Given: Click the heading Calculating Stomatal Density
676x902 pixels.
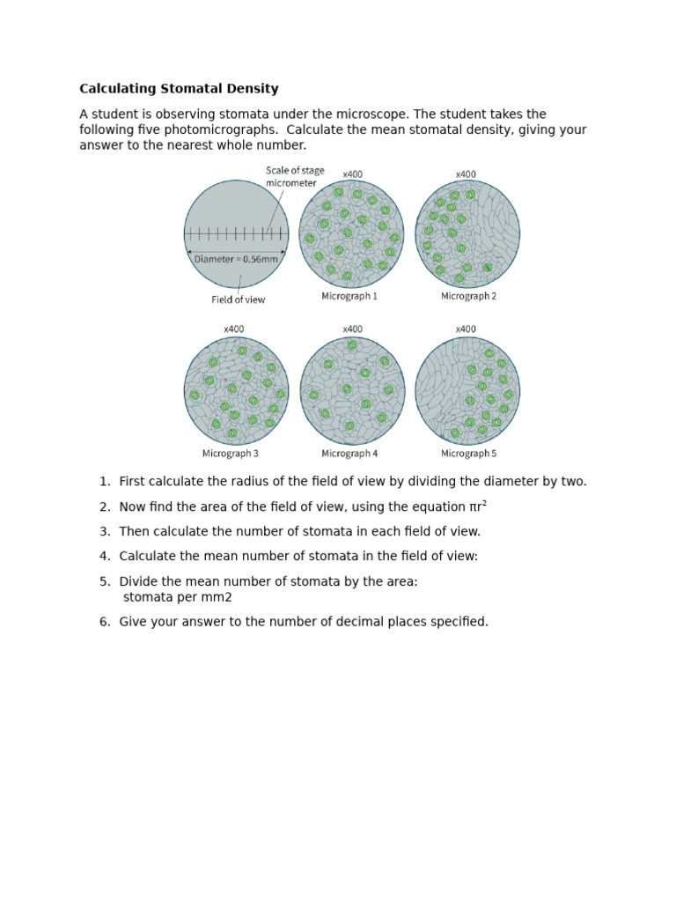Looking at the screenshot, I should click(179, 89).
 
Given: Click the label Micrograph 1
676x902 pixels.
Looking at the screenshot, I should click(349, 297).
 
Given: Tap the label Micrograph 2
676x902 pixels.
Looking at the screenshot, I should click(468, 297).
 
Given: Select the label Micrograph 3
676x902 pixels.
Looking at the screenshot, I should click(231, 454).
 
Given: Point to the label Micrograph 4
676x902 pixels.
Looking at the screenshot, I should click(349, 454).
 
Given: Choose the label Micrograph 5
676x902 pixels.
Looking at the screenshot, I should click(468, 454).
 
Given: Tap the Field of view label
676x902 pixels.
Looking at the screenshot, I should click(238, 299).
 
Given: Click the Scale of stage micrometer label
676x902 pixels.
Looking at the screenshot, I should click(295, 176).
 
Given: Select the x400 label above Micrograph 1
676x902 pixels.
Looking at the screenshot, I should click(352, 174).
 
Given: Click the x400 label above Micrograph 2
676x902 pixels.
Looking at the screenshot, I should click(466, 174).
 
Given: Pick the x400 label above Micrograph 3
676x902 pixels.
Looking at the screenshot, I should click(233, 329).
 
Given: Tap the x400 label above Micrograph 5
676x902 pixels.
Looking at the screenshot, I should click(466, 329).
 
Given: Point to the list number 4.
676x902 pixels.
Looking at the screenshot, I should click(104, 557).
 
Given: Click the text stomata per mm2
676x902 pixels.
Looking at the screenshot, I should click(178, 597).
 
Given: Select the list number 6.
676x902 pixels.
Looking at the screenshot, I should click(104, 622).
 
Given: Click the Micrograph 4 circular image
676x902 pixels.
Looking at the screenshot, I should click(352, 390).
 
